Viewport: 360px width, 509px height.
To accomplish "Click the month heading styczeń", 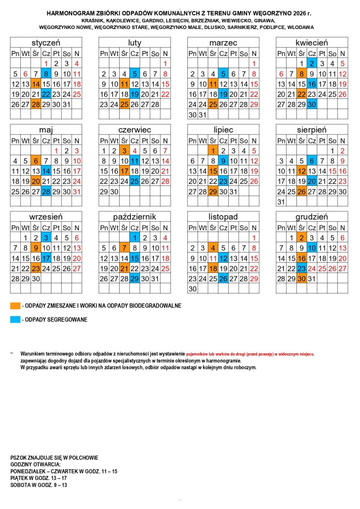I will point(46,43).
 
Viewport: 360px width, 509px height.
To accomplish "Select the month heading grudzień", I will point(311,216).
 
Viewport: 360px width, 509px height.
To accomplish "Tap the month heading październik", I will point(134,216).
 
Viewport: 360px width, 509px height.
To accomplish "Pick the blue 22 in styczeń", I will point(46,94).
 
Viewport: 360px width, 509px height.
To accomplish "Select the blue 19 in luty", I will point(134,94).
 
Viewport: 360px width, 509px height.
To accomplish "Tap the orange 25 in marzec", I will point(213,104).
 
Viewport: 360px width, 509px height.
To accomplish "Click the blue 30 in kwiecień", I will point(312,104).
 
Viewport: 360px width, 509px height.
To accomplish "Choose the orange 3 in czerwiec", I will point(124,151).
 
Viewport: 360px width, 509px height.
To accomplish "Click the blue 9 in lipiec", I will point(223,161).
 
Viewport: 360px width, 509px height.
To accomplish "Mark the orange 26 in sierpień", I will point(301,191).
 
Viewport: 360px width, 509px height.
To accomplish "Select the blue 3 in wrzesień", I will point(46,238).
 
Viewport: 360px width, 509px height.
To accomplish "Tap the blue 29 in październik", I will point(134,278).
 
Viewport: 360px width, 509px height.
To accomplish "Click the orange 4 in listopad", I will point(213,248).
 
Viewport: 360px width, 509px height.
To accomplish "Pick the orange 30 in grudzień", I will point(301,278).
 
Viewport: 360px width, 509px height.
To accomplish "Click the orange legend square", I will point(15,306).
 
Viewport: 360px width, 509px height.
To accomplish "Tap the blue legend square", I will point(15,320).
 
